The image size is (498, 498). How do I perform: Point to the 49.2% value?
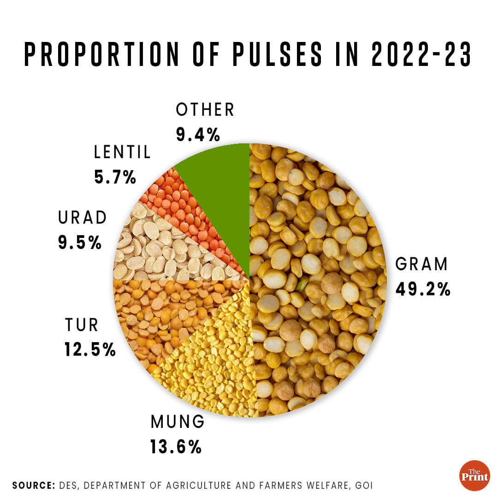422,289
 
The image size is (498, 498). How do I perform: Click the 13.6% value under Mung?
176,446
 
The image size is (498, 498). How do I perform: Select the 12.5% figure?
89,350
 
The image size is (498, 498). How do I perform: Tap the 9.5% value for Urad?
80,243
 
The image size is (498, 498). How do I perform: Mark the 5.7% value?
115,177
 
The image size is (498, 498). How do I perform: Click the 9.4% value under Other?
197,135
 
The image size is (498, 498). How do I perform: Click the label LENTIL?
122,152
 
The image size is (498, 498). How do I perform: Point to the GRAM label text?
421,264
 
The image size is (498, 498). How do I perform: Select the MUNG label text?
177,421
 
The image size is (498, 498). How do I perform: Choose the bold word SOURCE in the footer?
32,485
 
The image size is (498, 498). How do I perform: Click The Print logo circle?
474,475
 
